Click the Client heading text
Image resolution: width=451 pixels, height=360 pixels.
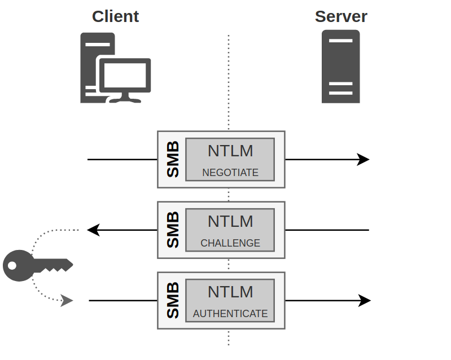[x=115, y=16]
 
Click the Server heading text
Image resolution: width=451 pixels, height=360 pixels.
[x=341, y=16]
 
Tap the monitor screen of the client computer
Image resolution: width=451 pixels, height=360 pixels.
[x=125, y=76]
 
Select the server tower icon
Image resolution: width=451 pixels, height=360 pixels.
[x=341, y=67]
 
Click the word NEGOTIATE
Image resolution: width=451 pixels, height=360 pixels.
[x=230, y=173]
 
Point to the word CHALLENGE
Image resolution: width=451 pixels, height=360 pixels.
[x=230, y=243]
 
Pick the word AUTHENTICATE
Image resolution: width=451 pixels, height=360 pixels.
[x=230, y=313]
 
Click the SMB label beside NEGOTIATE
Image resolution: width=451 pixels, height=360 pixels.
[x=173, y=159]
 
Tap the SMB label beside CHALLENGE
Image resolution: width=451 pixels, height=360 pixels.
[x=173, y=230]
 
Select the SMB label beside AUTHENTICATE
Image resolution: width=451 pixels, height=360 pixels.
[x=173, y=300]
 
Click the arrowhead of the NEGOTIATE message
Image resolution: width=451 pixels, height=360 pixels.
[x=363, y=159]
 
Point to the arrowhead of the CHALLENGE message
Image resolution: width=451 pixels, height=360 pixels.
[x=94, y=230]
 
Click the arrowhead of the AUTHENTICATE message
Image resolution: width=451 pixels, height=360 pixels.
[x=365, y=301]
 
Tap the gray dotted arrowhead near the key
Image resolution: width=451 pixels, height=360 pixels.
[x=67, y=301]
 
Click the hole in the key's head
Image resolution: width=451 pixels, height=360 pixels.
[x=12, y=265]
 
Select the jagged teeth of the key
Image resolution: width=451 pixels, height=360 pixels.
[x=55, y=270]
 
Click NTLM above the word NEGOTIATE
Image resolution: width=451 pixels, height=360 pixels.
[x=230, y=151]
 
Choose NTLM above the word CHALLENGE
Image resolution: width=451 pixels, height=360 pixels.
[x=230, y=221]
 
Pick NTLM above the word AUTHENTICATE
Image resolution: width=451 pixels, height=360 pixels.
[x=230, y=292]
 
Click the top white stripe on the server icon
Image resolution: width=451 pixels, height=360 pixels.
[x=341, y=41]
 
